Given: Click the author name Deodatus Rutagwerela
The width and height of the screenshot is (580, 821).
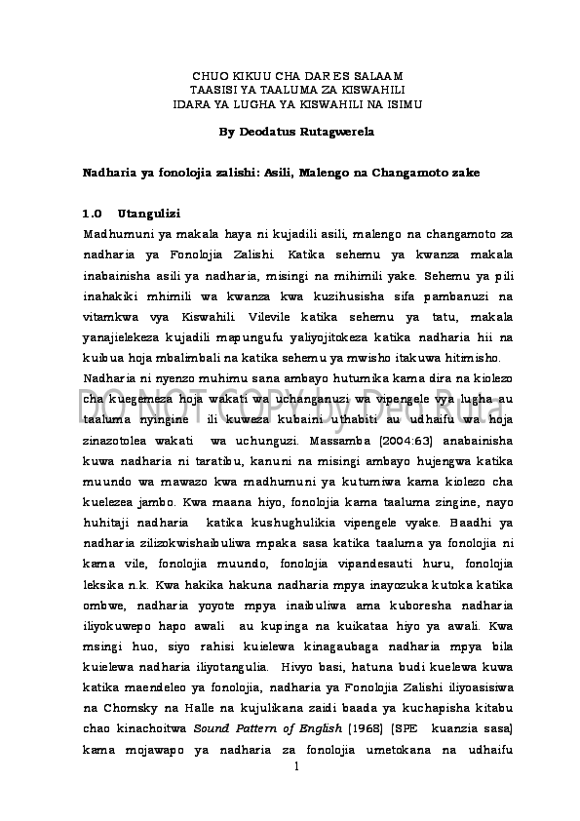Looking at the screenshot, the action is click(x=311, y=130).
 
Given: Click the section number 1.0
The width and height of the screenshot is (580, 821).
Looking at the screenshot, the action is click(x=94, y=214).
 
